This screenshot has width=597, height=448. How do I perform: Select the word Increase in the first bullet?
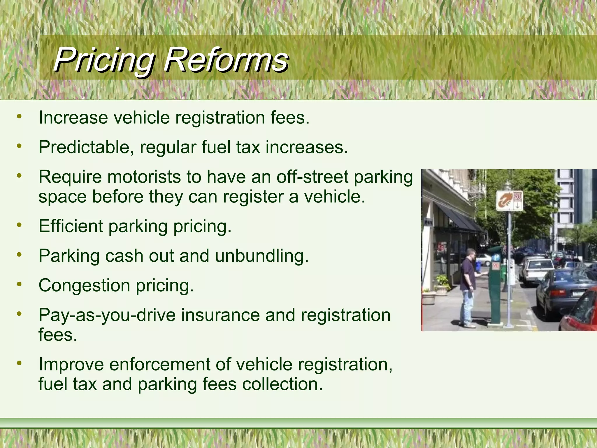[73, 118]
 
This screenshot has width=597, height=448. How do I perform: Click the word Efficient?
[71, 226]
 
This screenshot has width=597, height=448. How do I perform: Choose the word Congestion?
[84, 286]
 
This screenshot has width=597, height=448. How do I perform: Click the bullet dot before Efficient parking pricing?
[19, 225]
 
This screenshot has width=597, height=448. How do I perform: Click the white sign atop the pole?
[509, 200]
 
